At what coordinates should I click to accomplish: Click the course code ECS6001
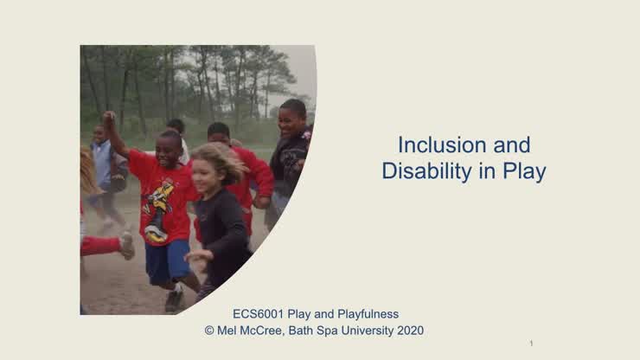pos(259,314)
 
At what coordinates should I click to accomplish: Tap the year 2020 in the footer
pos(409,330)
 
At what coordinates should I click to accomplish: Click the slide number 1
pos(531,344)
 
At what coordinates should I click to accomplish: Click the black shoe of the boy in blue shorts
pos(175,299)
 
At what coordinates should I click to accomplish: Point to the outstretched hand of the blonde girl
pos(196,256)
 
